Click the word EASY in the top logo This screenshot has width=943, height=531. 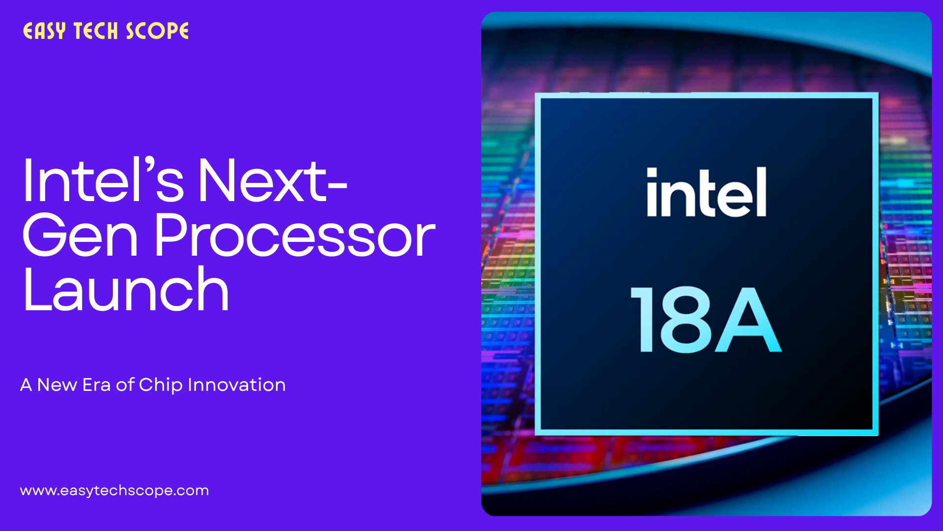pos(44,30)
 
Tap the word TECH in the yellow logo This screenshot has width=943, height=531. pos(96,31)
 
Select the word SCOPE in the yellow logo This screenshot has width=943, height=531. pos(157,31)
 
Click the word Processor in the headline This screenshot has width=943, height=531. pos(295,236)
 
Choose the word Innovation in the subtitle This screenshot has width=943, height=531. pos(237,384)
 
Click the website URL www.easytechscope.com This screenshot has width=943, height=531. pos(114,490)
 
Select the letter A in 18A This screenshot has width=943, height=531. pos(748,320)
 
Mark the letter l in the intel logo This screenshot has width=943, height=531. pos(761,192)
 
